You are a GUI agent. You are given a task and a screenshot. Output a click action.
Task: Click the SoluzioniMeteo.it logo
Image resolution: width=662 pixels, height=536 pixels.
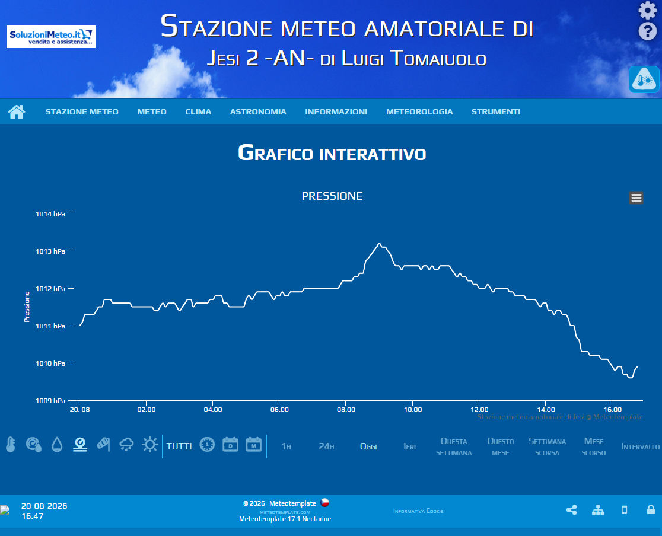click(x=50, y=37)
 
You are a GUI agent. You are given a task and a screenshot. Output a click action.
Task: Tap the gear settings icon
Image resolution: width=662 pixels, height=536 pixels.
click(x=647, y=10)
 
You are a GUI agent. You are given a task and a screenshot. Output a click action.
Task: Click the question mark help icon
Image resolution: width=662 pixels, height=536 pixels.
click(x=647, y=31)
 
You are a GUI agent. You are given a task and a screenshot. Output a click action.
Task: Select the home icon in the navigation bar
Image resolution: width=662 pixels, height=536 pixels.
click(x=17, y=112)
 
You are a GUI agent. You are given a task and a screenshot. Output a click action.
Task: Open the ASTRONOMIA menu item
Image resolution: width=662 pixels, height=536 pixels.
click(x=258, y=112)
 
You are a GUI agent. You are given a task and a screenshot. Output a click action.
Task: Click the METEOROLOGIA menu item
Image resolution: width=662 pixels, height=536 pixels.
click(x=419, y=112)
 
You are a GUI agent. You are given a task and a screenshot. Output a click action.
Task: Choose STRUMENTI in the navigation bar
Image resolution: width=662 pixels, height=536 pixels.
click(x=496, y=112)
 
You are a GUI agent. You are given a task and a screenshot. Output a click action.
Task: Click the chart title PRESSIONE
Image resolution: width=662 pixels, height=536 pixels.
click(x=332, y=196)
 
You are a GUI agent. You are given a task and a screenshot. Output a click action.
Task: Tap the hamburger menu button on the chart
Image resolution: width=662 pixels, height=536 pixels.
click(x=636, y=197)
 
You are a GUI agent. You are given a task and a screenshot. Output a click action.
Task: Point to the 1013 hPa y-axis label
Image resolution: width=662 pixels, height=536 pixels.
click(x=50, y=251)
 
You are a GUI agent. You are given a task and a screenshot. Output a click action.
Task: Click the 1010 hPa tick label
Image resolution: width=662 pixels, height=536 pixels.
click(x=50, y=363)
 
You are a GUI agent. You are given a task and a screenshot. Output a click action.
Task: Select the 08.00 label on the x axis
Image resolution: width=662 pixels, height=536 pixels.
click(x=346, y=410)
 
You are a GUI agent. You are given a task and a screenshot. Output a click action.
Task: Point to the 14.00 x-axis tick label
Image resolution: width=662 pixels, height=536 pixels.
click(x=546, y=410)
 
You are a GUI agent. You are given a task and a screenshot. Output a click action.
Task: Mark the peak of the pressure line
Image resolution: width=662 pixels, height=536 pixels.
click(x=379, y=244)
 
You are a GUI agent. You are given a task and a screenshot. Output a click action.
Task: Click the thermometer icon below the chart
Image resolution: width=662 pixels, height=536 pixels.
click(x=11, y=445)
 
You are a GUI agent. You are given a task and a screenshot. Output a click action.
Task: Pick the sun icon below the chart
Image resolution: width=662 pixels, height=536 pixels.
click(x=149, y=445)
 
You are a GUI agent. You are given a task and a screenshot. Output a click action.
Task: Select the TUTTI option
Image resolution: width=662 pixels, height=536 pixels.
click(x=179, y=446)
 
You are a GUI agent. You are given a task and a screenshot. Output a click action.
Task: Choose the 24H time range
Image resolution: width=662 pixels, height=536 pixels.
click(x=326, y=446)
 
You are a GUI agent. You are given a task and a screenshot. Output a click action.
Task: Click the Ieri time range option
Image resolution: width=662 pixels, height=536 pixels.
click(x=409, y=446)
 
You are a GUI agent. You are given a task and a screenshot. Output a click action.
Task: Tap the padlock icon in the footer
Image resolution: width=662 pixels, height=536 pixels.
click(x=651, y=509)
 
